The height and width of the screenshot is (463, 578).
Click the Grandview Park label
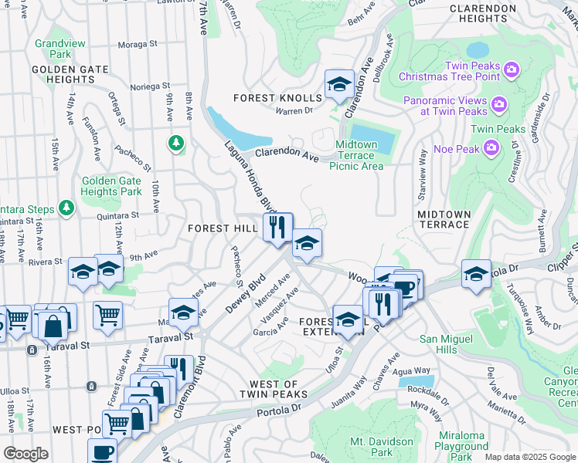pyautogui.click(x=59, y=49)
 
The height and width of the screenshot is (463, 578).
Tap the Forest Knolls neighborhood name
pyautogui.click(x=277, y=98)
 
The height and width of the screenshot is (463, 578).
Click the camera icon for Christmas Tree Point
pyautogui.click(x=511, y=71)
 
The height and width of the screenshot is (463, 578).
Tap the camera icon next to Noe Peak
pyautogui.click(x=491, y=147)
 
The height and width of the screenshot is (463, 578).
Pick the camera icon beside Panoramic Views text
pyautogui.click(x=498, y=103)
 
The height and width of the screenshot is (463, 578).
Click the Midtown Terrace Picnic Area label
pyautogui.click(x=356, y=155)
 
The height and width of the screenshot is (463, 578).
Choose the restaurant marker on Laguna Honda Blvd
pyautogui.click(x=277, y=227)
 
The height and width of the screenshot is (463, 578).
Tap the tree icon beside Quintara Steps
pyautogui.click(x=67, y=208)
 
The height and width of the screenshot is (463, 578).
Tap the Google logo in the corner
pyautogui.click(x=25, y=454)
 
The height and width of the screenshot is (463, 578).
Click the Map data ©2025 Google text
pyautogui.click(x=530, y=457)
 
